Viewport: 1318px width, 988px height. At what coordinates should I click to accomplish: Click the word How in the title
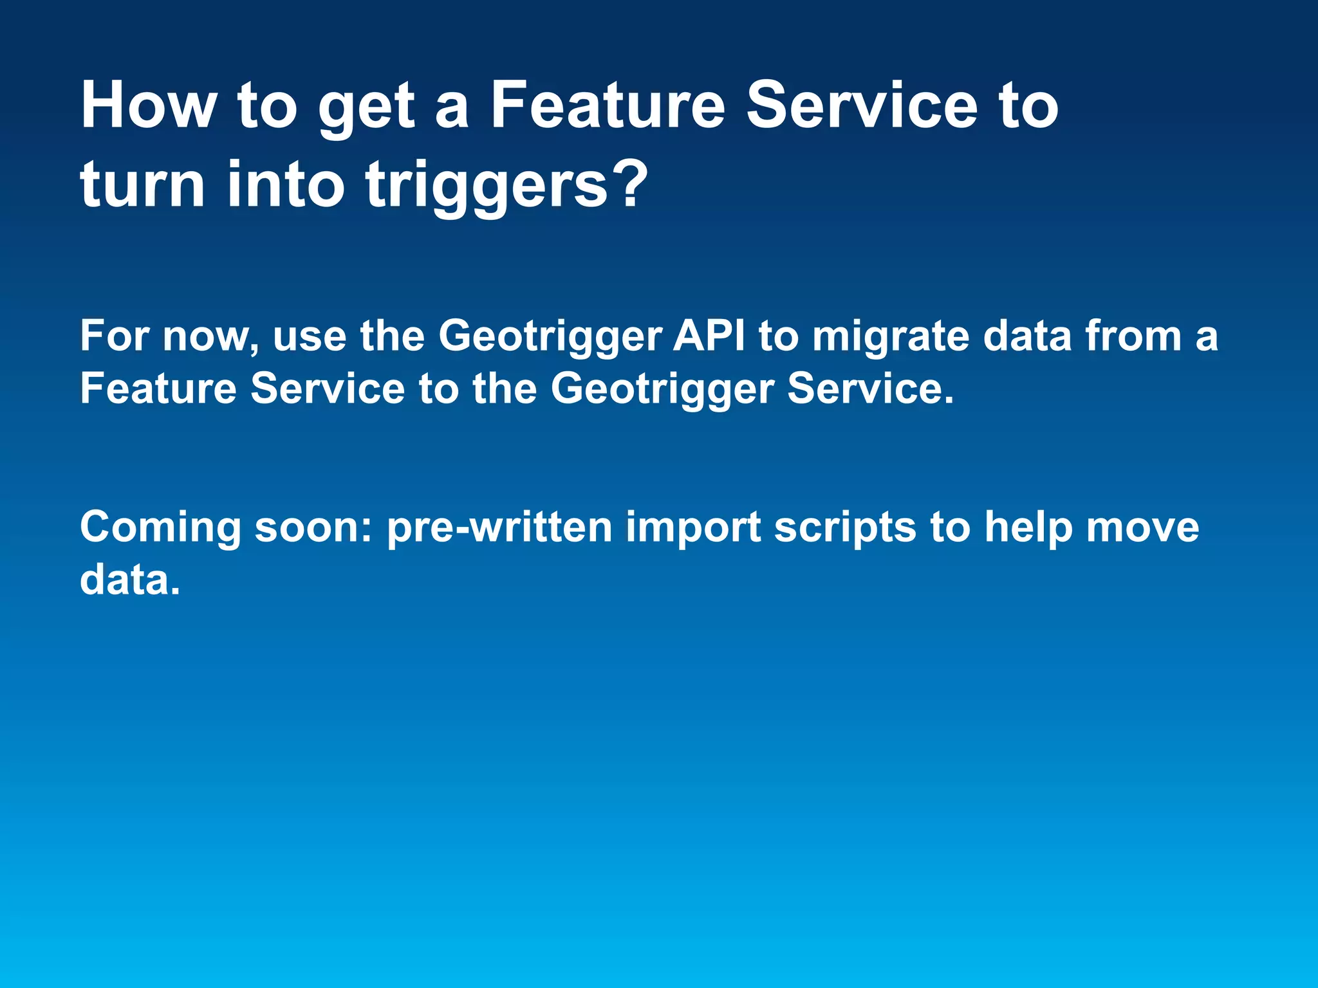pyautogui.click(x=148, y=106)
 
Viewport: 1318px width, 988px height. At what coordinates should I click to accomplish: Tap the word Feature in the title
pyautogui.click(x=608, y=106)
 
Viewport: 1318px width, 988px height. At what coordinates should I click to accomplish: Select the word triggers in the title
pyautogui.click(x=486, y=187)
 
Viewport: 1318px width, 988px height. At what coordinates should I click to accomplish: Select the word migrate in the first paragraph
pyautogui.click(x=891, y=337)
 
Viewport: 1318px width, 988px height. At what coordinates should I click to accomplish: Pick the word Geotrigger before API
pyautogui.click(x=550, y=337)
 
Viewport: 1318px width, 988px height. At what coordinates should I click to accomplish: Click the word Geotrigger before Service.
pyautogui.click(x=662, y=390)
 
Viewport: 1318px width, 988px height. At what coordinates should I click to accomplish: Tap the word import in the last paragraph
pyautogui.click(x=693, y=528)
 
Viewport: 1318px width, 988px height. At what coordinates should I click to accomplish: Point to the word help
pyautogui.click(x=1027, y=528)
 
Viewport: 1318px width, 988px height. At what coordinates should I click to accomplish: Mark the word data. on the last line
pyautogui.click(x=129, y=580)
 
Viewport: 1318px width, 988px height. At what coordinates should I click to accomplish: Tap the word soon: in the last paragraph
pyautogui.click(x=313, y=527)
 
